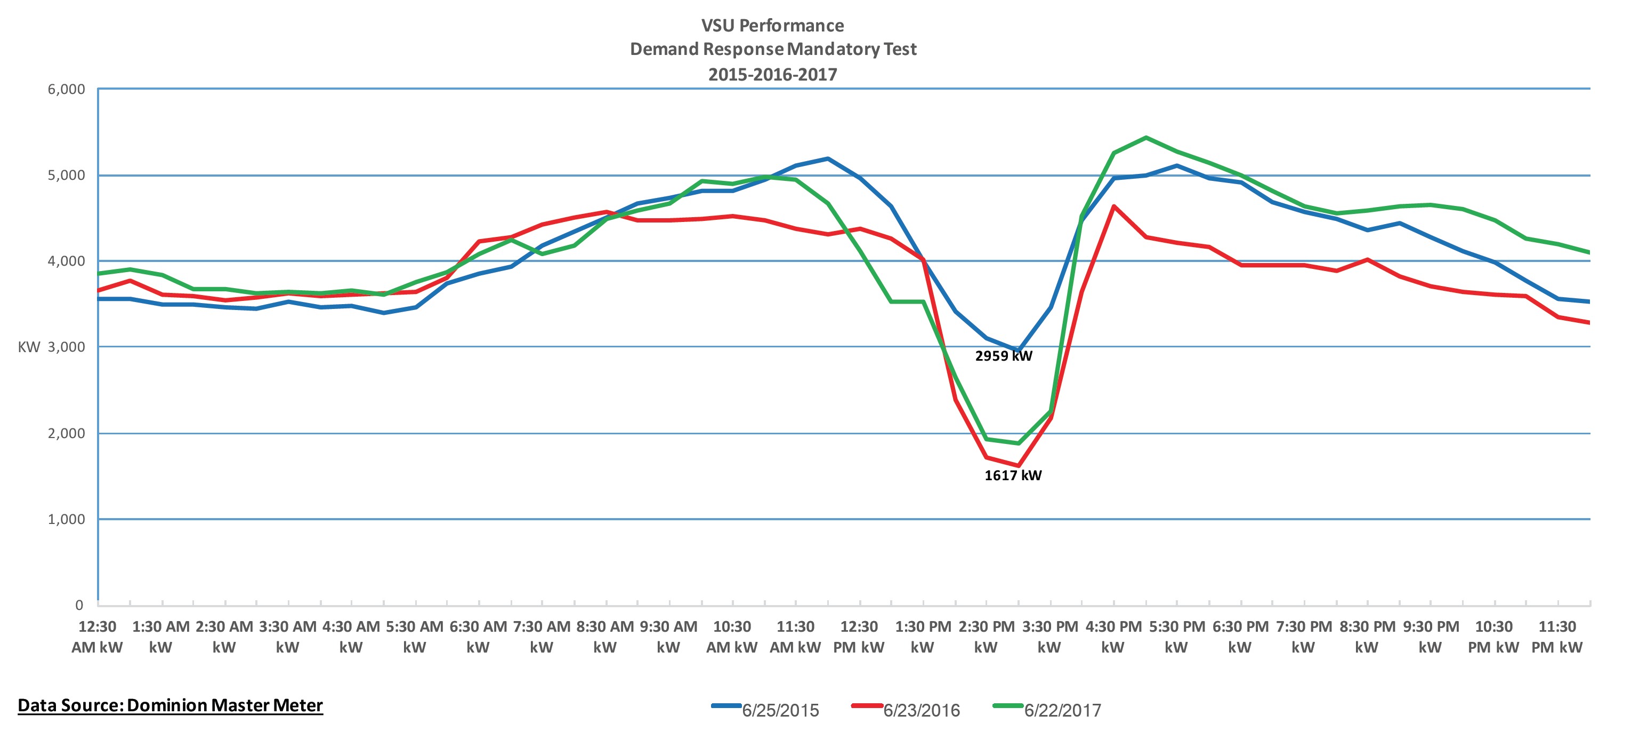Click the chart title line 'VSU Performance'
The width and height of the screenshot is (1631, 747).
[772, 25]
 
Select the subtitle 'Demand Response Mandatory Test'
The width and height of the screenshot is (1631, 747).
[773, 50]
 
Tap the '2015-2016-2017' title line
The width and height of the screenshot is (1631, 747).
[772, 75]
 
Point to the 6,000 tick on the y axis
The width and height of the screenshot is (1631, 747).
[67, 89]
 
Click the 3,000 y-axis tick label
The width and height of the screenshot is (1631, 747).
[67, 347]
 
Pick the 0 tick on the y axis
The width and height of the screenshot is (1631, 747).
[79, 605]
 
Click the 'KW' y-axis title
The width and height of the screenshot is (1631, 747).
[28, 347]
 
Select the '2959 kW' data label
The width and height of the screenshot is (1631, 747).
[1004, 356]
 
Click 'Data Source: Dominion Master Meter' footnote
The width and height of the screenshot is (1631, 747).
[171, 705]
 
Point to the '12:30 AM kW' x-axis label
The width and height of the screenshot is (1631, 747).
[97, 637]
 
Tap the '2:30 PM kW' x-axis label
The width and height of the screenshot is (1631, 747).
[986, 637]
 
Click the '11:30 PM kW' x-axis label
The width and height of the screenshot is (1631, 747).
[1557, 637]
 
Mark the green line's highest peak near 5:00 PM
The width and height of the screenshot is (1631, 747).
[1146, 138]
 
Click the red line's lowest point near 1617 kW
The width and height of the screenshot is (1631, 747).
[1018, 466]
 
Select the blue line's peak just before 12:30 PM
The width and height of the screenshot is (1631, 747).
[828, 158]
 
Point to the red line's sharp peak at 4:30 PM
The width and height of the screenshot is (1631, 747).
[1113, 206]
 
